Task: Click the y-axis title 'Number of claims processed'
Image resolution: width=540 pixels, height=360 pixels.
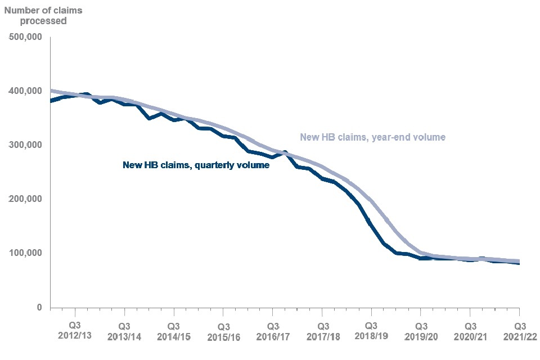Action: [x=37, y=15]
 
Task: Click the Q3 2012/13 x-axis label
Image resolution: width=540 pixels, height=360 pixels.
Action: [x=75, y=331]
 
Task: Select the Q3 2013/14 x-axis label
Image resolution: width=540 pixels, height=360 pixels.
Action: [x=124, y=331]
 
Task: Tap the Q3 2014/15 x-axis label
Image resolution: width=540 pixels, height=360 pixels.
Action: [x=174, y=331]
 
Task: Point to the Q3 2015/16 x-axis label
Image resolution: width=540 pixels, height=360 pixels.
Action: [x=223, y=332]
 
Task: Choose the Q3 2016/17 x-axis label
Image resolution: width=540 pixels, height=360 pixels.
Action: [x=273, y=331]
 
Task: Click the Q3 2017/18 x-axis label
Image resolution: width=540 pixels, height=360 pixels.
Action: [x=322, y=331]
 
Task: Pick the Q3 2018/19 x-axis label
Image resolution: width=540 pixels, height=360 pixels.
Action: [x=371, y=331]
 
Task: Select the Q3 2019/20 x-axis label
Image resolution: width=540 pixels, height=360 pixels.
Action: [x=421, y=331]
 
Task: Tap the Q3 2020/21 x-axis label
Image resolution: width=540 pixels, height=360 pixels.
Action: [x=470, y=331]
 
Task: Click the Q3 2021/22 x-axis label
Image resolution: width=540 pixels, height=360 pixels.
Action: [x=519, y=331]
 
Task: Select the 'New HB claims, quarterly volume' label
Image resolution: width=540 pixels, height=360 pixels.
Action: [x=196, y=165]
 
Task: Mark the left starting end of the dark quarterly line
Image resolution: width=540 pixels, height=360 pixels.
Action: [x=51, y=101]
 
